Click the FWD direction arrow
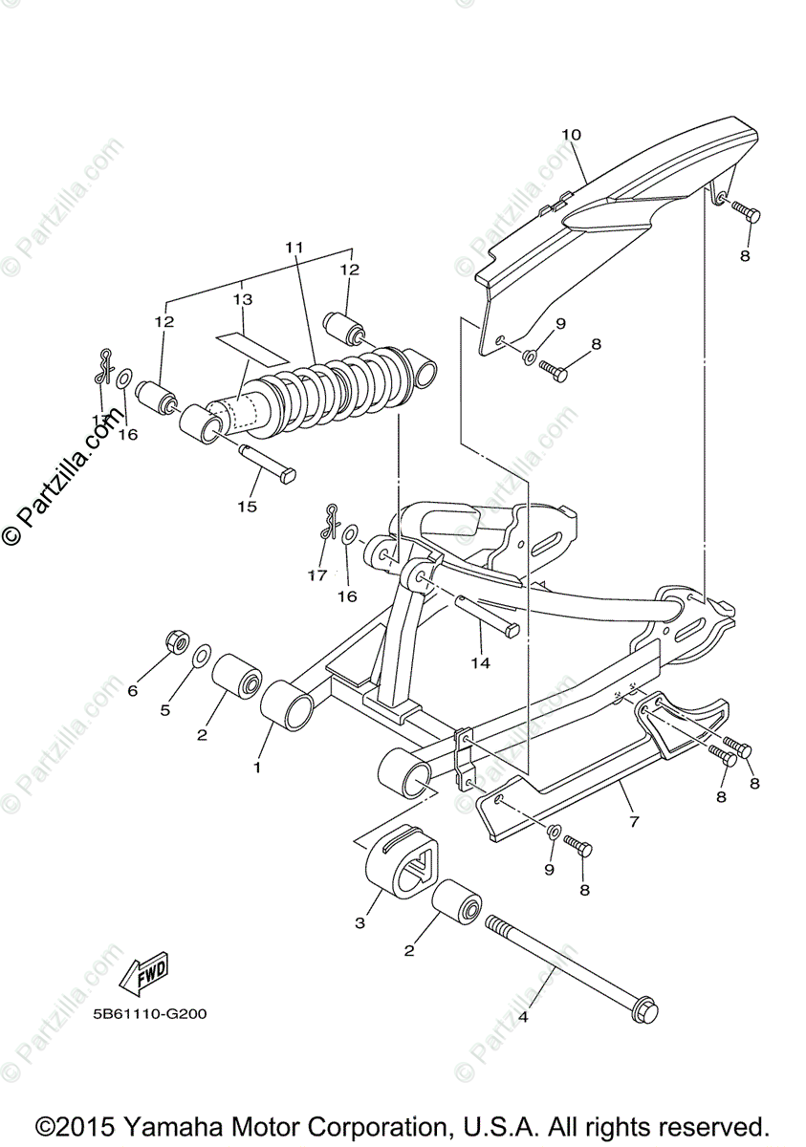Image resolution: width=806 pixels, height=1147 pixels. click(142, 976)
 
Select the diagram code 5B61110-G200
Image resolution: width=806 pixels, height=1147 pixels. click(151, 1014)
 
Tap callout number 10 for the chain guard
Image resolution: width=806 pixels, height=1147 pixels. click(571, 135)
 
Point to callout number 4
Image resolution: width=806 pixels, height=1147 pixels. click(523, 1017)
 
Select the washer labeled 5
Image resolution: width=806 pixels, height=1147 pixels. click(203, 657)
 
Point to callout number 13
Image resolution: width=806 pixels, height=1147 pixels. click(243, 299)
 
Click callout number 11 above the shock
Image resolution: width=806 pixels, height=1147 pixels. click(294, 248)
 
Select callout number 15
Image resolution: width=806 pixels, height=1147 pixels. click(247, 507)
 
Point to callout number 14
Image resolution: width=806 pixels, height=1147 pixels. click(480, 661)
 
